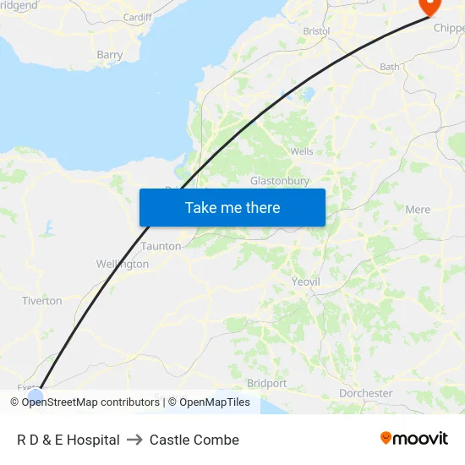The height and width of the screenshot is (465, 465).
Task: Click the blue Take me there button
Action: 232,207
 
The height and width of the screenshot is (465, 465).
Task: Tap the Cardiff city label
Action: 137,17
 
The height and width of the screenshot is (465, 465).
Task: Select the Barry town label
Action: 110,55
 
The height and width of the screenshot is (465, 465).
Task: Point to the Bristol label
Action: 316,31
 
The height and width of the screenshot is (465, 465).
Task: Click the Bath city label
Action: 390,66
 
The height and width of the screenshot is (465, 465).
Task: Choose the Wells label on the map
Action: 302,152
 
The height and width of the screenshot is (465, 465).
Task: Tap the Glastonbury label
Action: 280,181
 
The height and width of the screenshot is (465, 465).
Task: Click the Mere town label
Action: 418,210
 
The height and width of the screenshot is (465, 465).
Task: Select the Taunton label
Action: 161,246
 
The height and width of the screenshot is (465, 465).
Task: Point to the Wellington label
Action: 123,264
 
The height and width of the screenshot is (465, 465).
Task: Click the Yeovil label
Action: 305,282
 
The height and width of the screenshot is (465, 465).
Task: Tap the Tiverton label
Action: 42,301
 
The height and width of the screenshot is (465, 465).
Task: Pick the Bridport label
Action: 267,383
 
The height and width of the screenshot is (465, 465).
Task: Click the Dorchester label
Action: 365,393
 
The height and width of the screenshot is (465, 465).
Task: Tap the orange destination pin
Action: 430,6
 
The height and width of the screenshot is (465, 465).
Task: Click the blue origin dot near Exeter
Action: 36,394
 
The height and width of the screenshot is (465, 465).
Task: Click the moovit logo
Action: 414,439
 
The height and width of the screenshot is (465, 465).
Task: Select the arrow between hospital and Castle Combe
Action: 134,440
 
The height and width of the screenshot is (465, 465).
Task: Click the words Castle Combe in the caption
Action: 194,440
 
